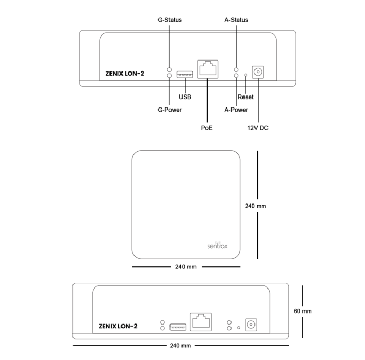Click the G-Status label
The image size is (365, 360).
(169, 20)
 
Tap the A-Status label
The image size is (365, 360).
(236, 20)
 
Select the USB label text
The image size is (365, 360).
(185, 97)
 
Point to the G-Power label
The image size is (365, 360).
(169, 110)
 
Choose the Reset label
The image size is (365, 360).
(246, 97)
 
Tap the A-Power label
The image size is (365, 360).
(236, 110)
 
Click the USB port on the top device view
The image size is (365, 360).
(185, 74)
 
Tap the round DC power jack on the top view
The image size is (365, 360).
(258, 72)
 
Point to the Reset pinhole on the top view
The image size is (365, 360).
(246, 75)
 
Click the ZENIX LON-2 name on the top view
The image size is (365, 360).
(125, 74)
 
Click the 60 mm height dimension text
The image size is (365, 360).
(302, 311)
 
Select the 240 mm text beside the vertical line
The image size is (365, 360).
(256, 206)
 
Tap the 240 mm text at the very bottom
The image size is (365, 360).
(180, 346)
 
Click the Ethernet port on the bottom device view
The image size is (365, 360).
(200, 322)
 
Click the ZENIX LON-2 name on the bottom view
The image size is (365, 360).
(118, 326)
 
